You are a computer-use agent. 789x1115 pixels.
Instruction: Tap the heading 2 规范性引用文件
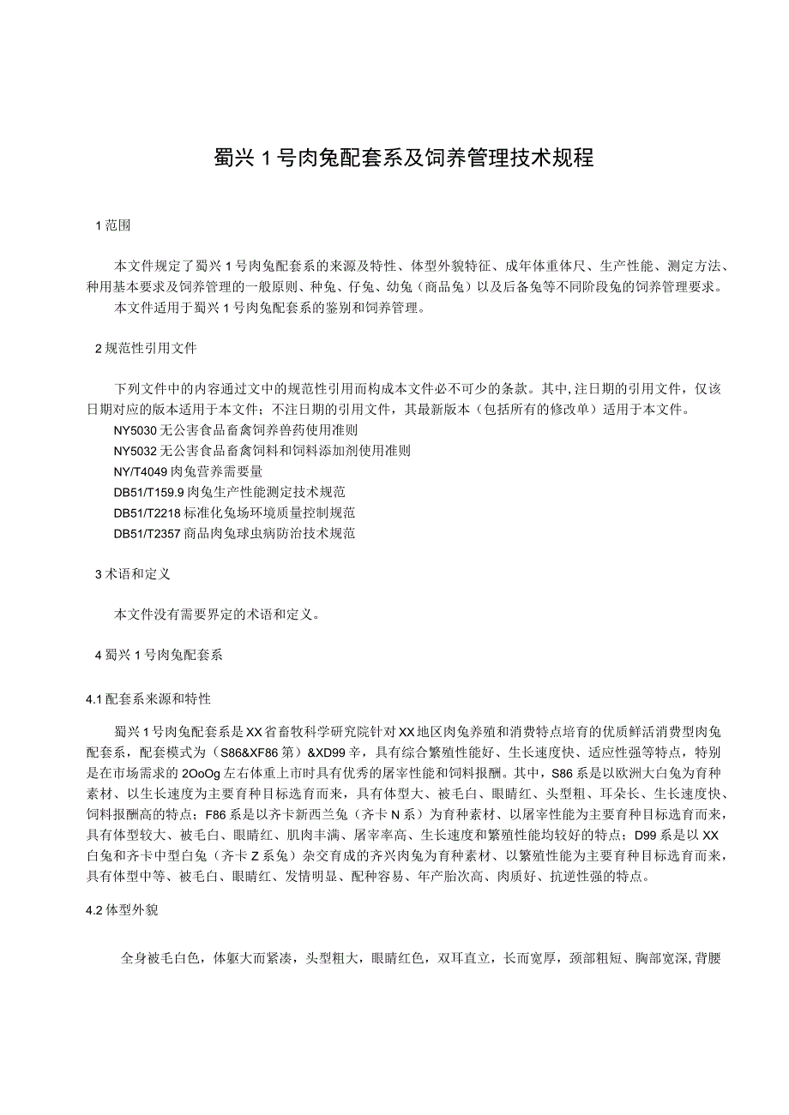pos(145,349)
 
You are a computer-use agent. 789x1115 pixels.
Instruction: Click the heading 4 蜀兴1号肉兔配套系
pos(158,656)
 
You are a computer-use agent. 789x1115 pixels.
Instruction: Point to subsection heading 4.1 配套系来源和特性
pos(148,699)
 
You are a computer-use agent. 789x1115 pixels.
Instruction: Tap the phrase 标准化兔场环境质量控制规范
pos(268,513)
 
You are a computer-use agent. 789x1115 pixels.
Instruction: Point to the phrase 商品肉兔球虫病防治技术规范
pos(268,533)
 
